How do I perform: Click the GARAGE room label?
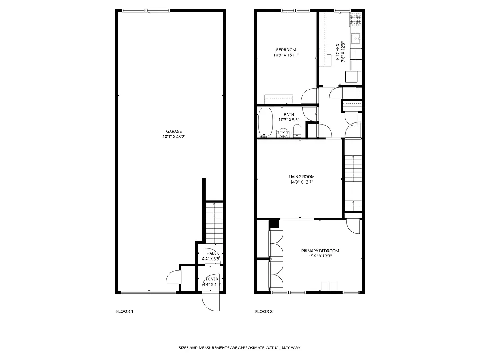[x=174, y=131]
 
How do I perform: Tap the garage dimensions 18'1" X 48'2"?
[x=174, y=137]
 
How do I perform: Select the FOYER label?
[x=212, y=279]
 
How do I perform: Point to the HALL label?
[x=211, y=254]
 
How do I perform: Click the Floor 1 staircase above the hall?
[x=214, y=223]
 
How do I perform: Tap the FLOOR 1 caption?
[x=125, y=311]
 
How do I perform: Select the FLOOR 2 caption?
[x=264, y=311]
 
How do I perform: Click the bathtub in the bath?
[x=265, y=122]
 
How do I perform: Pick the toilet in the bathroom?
[x=297, y=132]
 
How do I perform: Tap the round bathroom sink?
[x=283, y=133]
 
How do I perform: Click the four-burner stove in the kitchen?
[x=356, y=18]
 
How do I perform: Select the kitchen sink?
[x=357, y=38]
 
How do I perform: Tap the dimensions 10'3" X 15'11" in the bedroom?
[x=286, y=55]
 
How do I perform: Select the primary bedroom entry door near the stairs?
[x=354, y=225]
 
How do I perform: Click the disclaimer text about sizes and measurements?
[x=240, y=348]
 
